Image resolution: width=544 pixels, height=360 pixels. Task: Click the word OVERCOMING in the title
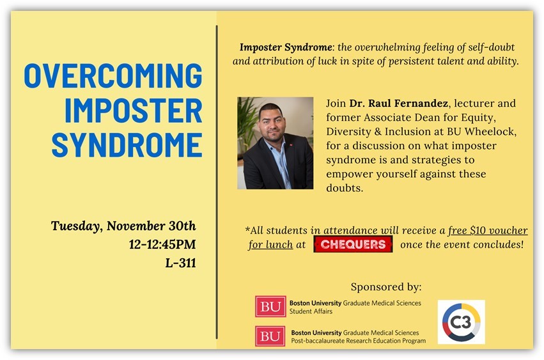point(113,75)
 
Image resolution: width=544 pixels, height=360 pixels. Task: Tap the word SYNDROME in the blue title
point(127,145)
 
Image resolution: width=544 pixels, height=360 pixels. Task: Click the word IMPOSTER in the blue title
point(134,111)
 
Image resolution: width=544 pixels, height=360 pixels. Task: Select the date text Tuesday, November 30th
point(123,226)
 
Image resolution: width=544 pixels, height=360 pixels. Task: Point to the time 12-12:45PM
point(162,244)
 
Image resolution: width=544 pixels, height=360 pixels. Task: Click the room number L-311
point(181,263)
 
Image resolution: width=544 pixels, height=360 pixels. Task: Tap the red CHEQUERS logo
point(353,244)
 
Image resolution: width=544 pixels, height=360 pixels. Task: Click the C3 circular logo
point(462,322)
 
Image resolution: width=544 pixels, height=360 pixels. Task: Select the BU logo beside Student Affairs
point(270,306)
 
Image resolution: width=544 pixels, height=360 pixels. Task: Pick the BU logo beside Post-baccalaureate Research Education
point(270,336)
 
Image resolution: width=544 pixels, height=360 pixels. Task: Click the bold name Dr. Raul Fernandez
point(399,104)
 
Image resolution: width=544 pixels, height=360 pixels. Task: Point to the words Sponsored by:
point(386,287)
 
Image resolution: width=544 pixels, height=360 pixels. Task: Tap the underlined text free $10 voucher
point(488,230)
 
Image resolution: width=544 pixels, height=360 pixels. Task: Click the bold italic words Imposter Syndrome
point(286,47)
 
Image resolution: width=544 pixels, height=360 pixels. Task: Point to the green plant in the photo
point(247,121)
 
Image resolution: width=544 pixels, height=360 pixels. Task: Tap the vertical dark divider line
point(217,182)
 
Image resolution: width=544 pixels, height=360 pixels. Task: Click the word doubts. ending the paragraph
point(345,188)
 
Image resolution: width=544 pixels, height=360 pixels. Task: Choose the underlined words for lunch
point(270,245)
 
